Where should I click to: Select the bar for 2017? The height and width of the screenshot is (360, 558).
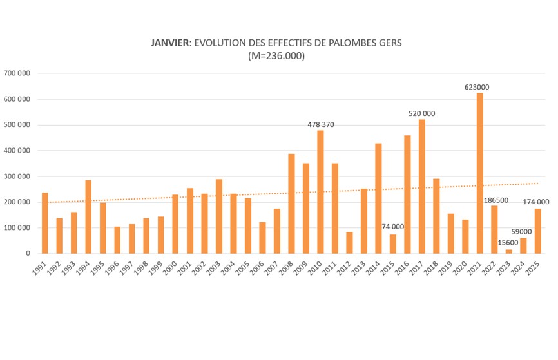click(422, 186)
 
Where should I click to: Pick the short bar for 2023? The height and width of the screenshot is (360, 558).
click(509, 251)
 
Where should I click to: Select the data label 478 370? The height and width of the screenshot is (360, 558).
click(320, 124)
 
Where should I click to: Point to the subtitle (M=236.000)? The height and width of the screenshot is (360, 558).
click(276, 56)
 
